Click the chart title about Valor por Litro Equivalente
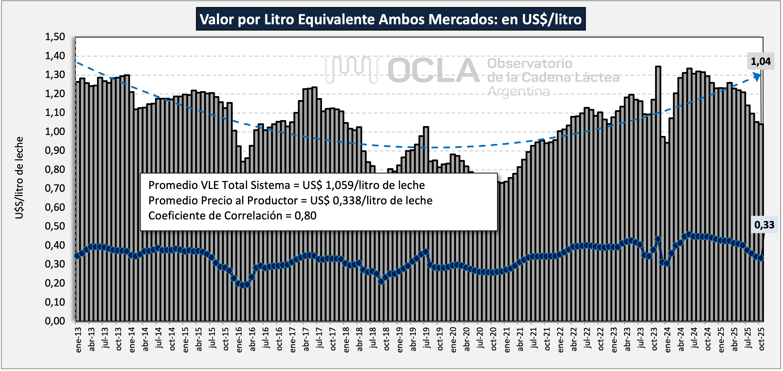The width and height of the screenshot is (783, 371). pos(391,19)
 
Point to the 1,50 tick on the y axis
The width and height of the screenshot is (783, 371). pos(55,37)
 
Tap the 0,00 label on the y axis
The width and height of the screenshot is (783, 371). pos(55,321)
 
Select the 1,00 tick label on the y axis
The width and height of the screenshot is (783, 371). pos(55,132)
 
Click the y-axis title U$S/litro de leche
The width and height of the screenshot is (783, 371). pos(19,178)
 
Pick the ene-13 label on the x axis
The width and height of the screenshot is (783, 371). pos(78,340)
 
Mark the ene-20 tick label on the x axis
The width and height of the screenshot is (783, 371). pos(453,340)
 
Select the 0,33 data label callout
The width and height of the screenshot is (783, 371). pos(764,225)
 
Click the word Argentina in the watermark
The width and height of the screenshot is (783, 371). pos(519,91)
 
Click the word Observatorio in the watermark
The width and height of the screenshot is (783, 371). pos(530,63)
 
